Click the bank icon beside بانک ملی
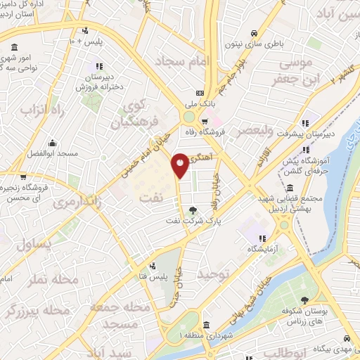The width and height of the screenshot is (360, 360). [200, 93]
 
